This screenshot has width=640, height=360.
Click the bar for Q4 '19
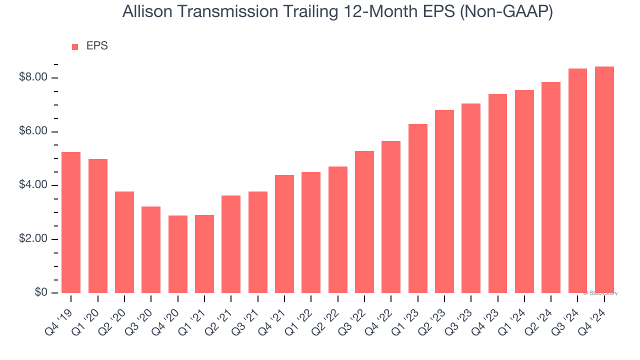(71, 222)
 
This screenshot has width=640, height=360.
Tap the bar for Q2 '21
(231, 244)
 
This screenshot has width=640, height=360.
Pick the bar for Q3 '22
(364, 222)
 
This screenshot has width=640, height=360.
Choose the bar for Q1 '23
(418, 208)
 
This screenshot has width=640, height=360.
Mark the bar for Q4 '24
(604, 179)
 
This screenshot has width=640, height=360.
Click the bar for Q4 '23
(498, 193)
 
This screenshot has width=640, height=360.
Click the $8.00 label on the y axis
(32, 77)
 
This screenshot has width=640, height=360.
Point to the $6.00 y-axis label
(32, 131)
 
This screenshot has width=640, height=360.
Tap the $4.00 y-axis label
(32, 185)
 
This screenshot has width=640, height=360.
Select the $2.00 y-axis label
(32, 239)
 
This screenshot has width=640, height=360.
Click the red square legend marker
(75, 47)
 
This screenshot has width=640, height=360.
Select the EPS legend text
(97, 46)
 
